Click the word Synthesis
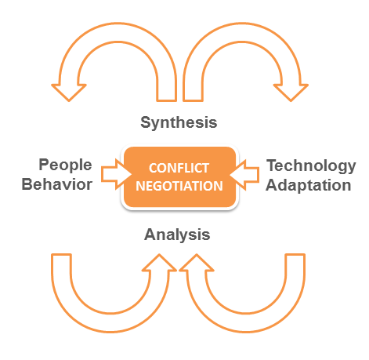[179, 122]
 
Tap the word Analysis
[177, 235]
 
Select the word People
[65, 165]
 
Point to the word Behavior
[57, 184]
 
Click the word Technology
[311, 166]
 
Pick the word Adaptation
[309, 186]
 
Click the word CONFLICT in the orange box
[179, 168]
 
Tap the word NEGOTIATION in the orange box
[179, 186]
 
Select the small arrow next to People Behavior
[117, 174]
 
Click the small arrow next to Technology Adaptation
[244, 175]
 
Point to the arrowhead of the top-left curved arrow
[69, 93]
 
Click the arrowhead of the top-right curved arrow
[291, 93]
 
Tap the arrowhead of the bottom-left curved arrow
[159, 263]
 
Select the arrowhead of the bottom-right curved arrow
[197, 263]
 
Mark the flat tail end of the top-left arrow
[167, 100]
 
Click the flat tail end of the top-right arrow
[194, 100]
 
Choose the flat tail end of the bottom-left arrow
[61, 254]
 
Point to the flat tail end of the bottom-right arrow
[295, 254]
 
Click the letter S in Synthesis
[146, 122]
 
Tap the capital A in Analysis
[150, 235]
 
